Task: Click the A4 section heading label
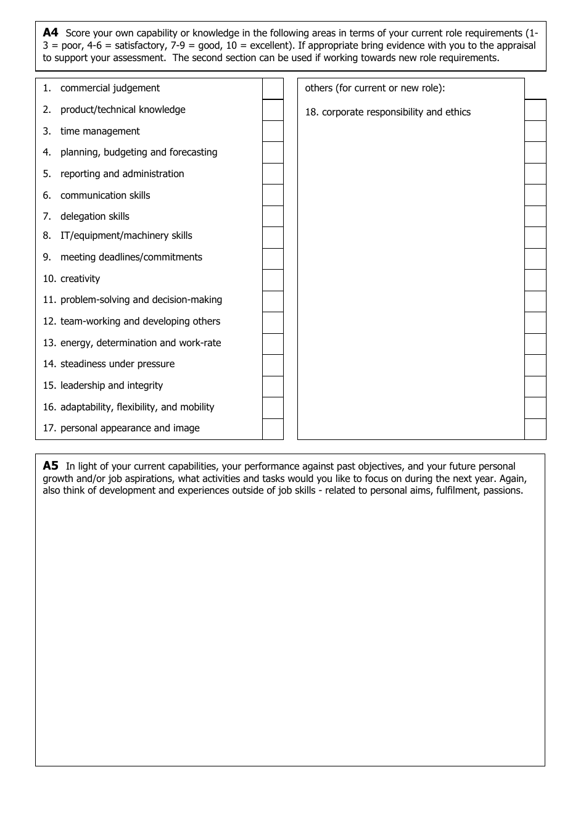click(x=50, y=32)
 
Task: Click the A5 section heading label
click(x=50, y=466)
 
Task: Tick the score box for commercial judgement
click(x=273, y=89)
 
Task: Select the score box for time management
click(x=273, y=131)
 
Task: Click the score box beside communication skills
click(x=273, y=195)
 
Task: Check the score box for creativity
click(x=273, y=280)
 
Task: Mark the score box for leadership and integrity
click(x=273, y=387)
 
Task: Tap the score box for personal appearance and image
click(x=273, y=429)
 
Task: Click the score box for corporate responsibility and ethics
click(x=535, y=110)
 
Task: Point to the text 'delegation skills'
click(x=95, y=217)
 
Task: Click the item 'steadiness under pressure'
click(x=117, y=364)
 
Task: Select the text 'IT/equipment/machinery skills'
click(x=126, y=236)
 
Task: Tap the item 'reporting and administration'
click(x=122, y=174)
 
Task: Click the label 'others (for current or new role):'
click(x=375, y=88)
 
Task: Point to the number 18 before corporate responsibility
click(x=312, y=112)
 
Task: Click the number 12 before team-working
click(x=49, y=322)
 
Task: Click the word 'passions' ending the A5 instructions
click(x=502, y=491)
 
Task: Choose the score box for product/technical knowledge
click(x=273, y=110)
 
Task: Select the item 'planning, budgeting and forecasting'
click(x=139, y=152)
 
